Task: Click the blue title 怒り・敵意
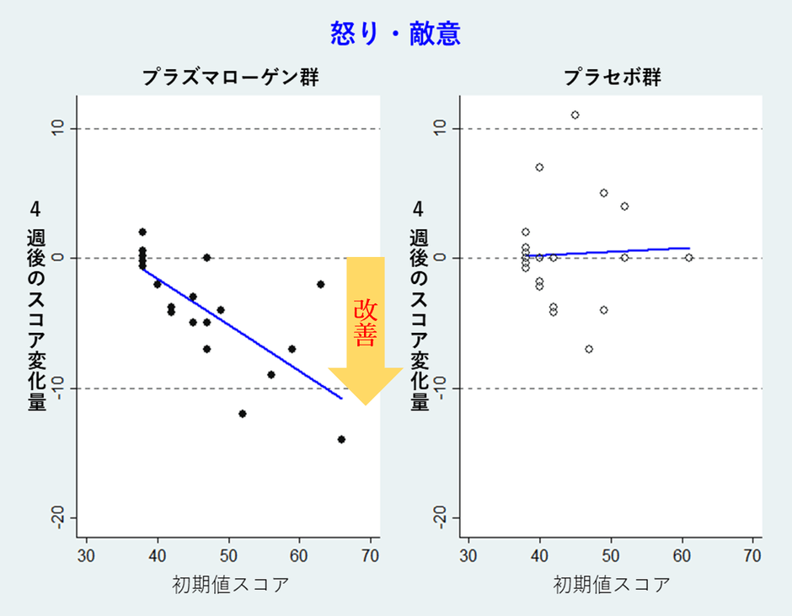tap(394, 33)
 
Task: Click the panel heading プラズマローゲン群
tap(230, 78)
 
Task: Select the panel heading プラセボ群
tap(613, 78)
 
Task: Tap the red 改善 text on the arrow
tap(365, 323)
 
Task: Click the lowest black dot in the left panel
tap(341, 439)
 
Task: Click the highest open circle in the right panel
tap(575, 115)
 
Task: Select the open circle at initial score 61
tap(688, 258)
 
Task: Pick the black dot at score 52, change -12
tap(242, 414)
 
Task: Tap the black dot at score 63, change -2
tap(320, 284)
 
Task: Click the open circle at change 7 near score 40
tap(539, 167)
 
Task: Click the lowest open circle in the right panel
tap(589, 349)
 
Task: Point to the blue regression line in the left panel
tap(244, 334)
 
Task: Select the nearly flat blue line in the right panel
tap(615, 251)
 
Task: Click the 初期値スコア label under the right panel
tap(613, 584)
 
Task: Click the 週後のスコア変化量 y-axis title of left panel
tap(36, 320)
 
